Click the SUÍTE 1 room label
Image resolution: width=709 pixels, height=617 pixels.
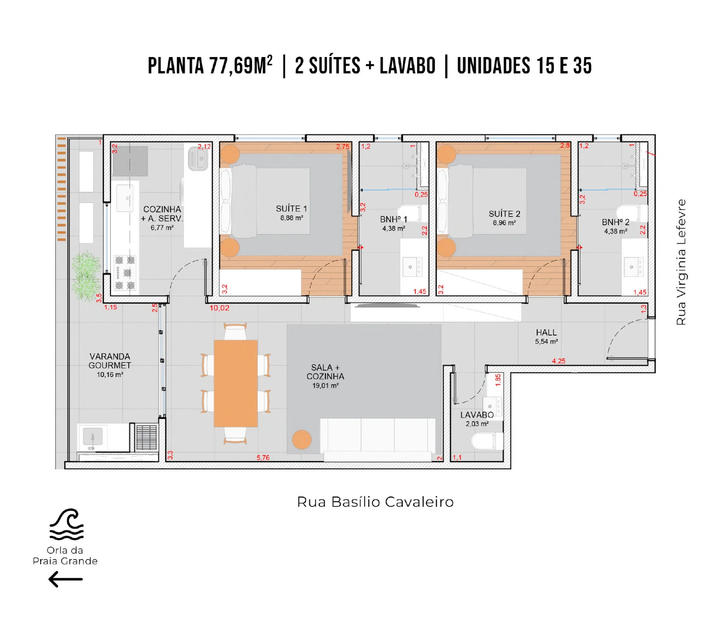coord(291,209)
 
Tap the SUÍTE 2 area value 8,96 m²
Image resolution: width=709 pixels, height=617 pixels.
coord(504,223)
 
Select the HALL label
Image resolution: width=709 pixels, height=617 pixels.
coord(546,332)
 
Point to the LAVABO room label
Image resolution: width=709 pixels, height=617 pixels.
coord(477,415)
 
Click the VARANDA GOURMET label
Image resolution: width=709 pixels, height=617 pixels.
coord(110,361)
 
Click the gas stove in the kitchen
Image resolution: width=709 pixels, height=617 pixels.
coord(125,272)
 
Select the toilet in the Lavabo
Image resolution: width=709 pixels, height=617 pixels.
coord(487,441)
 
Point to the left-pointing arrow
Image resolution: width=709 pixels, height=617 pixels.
coord(65,579)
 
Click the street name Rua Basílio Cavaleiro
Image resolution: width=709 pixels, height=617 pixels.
coord(375,502)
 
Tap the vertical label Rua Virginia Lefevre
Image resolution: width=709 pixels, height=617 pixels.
coord(681,262)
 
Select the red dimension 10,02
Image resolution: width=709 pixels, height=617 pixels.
coord(219,308)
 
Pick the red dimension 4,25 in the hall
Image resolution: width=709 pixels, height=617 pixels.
coord(559,361)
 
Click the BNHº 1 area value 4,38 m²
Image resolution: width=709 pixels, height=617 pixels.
coord(393,228)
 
